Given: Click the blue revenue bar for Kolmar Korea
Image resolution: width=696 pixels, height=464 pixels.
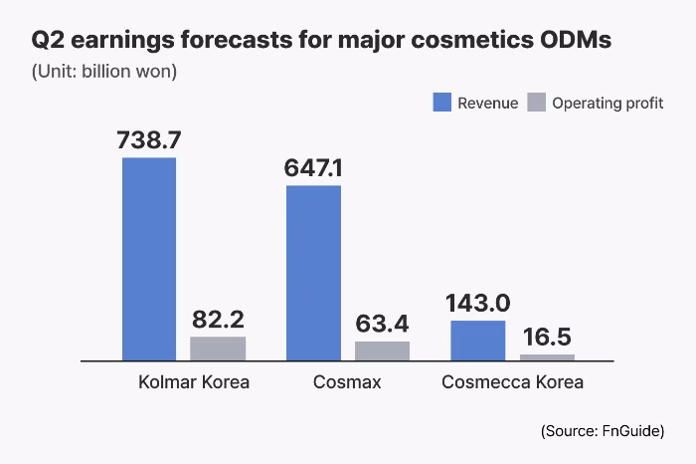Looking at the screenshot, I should [x=149, y=259].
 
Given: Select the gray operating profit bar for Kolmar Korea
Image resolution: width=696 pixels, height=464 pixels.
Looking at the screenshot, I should [x=218, y=348].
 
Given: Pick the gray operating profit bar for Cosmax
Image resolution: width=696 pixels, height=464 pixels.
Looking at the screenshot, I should [x=382, y=349].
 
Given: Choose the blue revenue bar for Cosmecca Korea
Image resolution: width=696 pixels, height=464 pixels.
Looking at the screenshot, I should [x=478, y=340].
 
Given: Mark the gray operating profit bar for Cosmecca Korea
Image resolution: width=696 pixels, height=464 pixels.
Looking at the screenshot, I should [x=547, y=355].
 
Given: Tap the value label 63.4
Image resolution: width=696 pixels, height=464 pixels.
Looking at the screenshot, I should [x=382, y=324].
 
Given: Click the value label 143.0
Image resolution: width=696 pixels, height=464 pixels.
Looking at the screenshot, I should [x=478, y=303].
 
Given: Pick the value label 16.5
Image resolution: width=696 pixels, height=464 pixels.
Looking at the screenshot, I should [x=547, y=337].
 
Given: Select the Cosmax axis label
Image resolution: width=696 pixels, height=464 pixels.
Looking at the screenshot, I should [x=348, y=382].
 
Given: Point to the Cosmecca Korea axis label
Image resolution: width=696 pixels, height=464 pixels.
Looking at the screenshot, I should [x=512, y=382].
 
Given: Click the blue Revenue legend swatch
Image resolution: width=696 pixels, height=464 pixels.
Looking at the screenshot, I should [x=441, y=103].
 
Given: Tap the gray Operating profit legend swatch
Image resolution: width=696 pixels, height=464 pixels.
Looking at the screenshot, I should [x=536, y=103].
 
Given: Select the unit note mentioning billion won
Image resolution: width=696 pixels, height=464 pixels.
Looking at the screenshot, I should [x=104, y=72].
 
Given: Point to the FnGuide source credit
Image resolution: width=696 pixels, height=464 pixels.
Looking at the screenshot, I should [x=603, y=430].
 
